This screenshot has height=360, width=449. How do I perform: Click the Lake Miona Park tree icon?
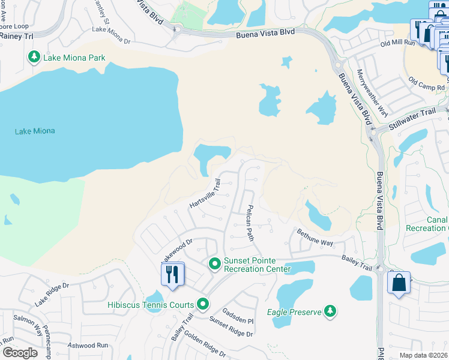[34, 57]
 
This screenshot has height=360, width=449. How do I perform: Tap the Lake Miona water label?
[34, 131]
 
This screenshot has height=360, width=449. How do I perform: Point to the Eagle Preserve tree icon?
[329, 311]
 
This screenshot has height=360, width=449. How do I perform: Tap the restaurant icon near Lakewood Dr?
[172, 274]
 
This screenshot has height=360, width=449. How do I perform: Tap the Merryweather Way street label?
[372, 92]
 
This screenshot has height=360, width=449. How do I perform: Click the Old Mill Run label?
[400, 43]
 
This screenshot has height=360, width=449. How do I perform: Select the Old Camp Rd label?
[427, 83]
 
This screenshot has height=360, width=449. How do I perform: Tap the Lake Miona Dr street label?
[111, 35]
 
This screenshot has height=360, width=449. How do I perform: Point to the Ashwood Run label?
[88, 345]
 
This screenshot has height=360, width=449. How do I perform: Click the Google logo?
[20, 353]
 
